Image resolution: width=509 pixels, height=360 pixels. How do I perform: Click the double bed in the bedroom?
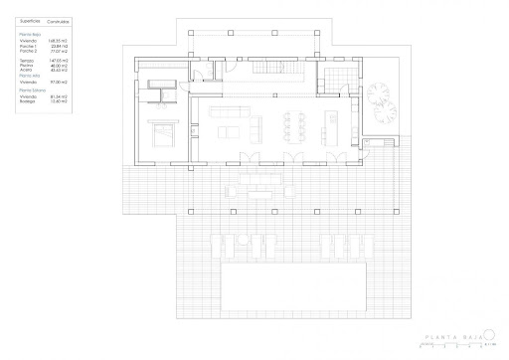[x=161, y=127]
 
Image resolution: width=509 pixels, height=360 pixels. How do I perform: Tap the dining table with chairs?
[x=294, y=125]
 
